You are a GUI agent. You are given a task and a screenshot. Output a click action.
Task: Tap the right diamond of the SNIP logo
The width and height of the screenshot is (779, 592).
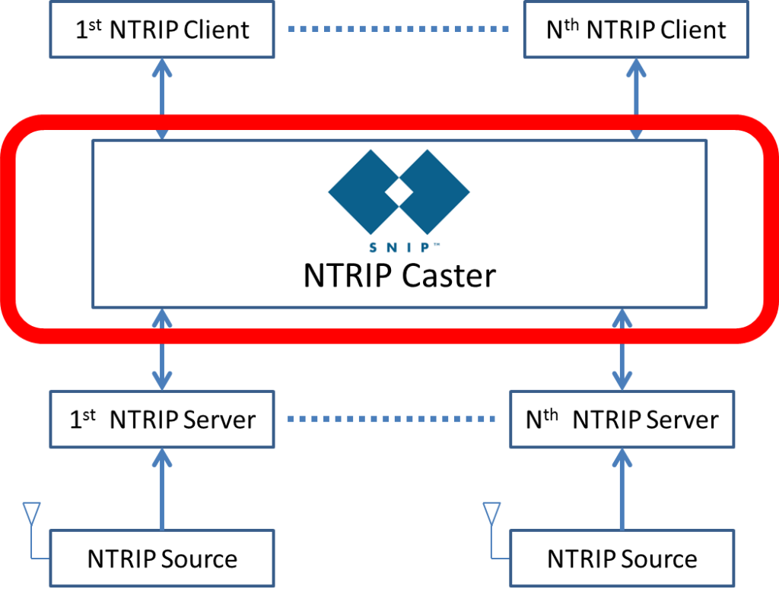[x=434, y=192]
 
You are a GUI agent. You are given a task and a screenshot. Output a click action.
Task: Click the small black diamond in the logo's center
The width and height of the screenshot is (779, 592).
[x=399, y=192]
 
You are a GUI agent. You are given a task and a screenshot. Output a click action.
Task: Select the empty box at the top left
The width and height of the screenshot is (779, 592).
[x=161, y=30]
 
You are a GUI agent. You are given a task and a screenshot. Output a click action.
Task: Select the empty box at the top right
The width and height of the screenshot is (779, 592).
[x=636, y=30]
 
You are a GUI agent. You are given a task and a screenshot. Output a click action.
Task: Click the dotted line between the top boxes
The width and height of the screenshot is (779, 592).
[x=399, y=30]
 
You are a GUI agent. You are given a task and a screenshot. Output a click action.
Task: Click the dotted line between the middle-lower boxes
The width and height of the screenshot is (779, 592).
[x=392, y=419]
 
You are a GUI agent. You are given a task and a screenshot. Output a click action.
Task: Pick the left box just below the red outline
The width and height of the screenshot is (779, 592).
[x=161, y=419]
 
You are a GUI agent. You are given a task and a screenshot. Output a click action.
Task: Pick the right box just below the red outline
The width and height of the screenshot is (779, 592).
[x=622, y=419]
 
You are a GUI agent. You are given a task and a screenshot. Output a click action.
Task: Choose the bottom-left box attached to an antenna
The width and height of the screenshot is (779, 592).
[x=161, y=558]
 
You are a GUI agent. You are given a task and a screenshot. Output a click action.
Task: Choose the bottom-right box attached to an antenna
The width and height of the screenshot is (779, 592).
[x=622, y=558]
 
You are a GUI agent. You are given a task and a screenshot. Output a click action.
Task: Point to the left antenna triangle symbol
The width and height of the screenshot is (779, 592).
[x=31, y=512]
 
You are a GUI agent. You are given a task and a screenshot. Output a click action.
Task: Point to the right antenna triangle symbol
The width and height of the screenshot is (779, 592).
[x=491, y=512]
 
